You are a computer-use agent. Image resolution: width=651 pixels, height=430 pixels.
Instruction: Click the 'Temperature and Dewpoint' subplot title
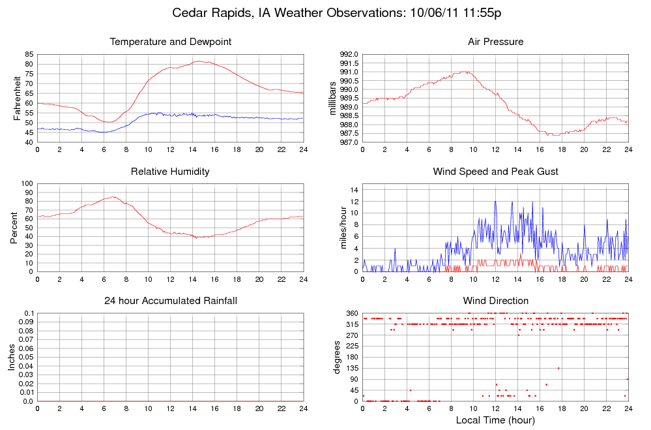click(x=171, y=42)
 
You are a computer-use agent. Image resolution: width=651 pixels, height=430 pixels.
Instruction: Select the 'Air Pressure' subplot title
click(x=495, y=42)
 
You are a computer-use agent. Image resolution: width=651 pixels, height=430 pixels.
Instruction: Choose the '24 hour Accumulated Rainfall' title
click(x=171, y=301)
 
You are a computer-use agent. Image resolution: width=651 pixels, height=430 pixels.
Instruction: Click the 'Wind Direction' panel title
click(x=495, y=301)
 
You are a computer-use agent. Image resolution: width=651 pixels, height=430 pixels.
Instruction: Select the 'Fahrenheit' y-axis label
click(x=18, y=98)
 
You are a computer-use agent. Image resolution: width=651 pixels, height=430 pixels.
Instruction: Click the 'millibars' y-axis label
click(x=334, y=98)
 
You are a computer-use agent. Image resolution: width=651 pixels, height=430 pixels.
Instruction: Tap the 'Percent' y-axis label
click(x=14, y=227)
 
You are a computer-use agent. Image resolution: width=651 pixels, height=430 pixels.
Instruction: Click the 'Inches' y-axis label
click(x=11, y=357)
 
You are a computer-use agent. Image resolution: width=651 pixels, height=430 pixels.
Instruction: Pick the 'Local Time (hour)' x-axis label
click(x=495, y=420)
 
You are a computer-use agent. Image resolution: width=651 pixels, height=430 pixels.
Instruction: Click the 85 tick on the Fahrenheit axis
click(x=29, y=54)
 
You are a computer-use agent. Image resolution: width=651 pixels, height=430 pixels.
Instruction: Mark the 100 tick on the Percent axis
click(x=27, y=183)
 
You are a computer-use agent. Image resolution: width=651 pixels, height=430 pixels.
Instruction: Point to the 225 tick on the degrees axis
click(x=351, y=358)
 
